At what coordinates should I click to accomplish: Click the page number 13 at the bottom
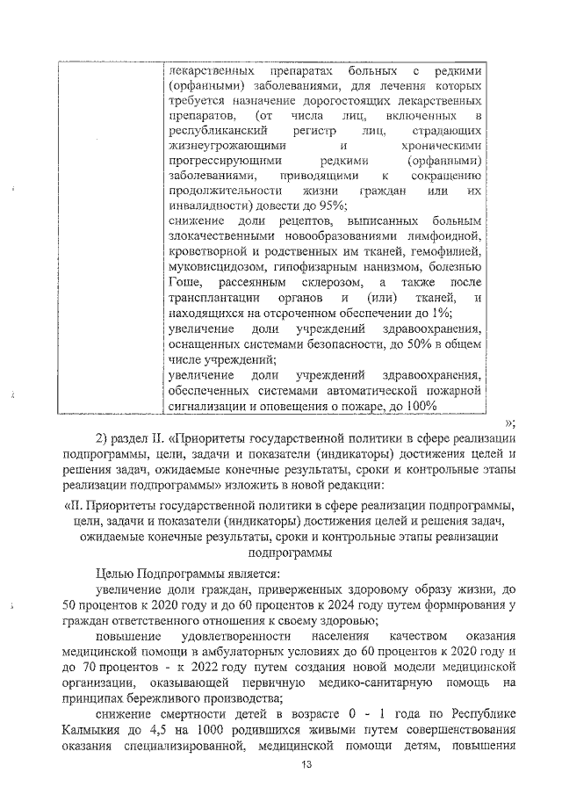(x=281, y=763)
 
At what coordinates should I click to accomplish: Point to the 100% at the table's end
(x=420, y=405)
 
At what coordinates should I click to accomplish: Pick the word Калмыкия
(x=93, y=727)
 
